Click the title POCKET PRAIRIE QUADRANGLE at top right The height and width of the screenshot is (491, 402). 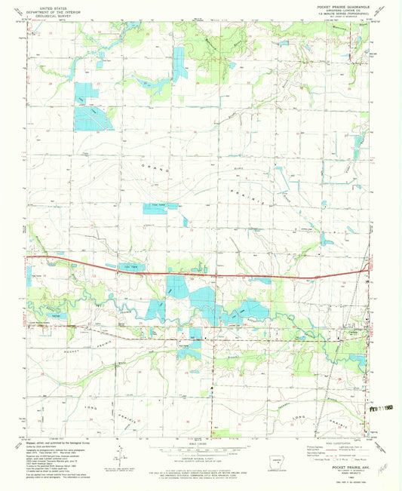pyautogui.click(x=332, y=7)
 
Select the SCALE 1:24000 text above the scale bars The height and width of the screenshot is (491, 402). pyautogui.click(x=201, y=441)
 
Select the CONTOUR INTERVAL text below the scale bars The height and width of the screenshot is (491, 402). pyautogui.click(x=201, y=458)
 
